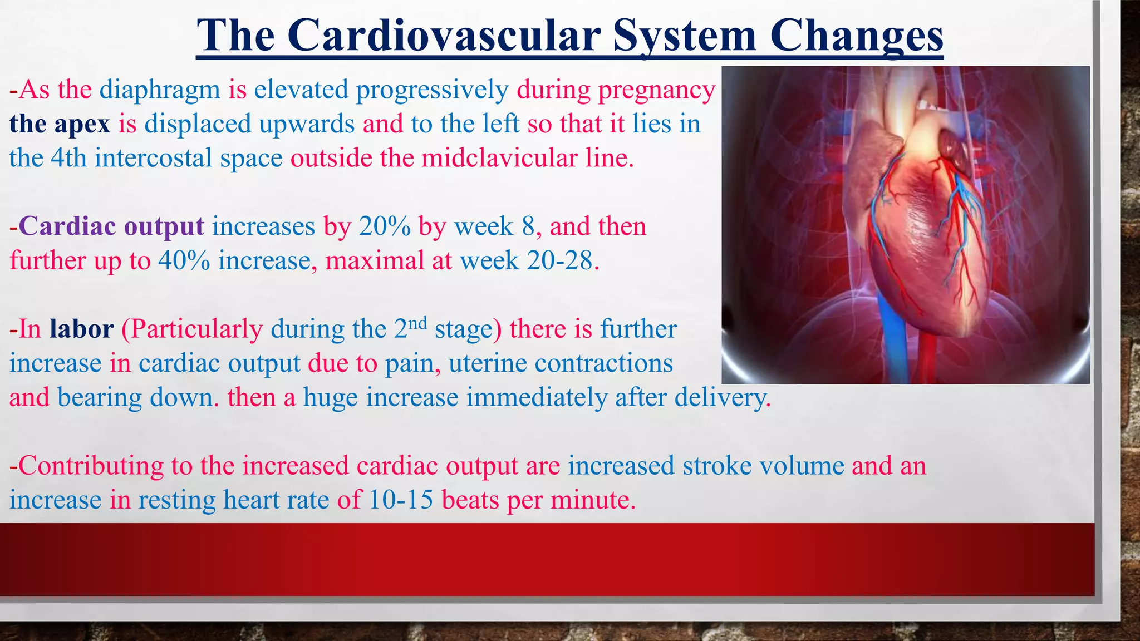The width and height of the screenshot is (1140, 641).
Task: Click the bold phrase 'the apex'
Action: point(60,124)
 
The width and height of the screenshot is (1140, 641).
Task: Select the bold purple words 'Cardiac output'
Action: point(111,226)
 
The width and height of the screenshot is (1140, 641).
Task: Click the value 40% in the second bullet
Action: point(184,261)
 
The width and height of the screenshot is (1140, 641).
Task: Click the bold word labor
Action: point(81,329)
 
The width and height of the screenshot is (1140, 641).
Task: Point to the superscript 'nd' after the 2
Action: point(417,323)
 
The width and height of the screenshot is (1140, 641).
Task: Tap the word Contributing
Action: point(91,466)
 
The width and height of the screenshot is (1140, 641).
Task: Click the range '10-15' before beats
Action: point(401,500)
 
